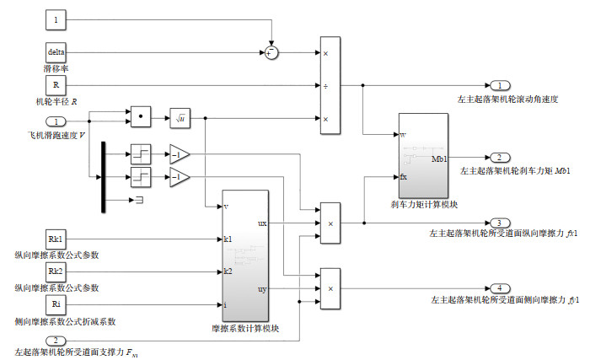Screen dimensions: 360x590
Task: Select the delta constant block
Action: pyautogui.click(x=56, y=52)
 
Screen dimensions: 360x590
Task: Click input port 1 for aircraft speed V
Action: pyautogui.click(x=56, y=121)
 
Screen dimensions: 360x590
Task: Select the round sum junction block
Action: pyautogui.click(x=271, y=52)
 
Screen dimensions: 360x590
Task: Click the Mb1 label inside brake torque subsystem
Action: pyautogui.click(x=438, y=158)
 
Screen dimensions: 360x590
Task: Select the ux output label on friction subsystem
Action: pyautogui.click(x=262, y=223)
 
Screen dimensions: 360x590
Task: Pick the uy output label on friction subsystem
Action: pyautogui.click(x=262, y=289)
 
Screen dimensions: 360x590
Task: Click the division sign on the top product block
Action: pyautogui.click(x=325, y=85)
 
